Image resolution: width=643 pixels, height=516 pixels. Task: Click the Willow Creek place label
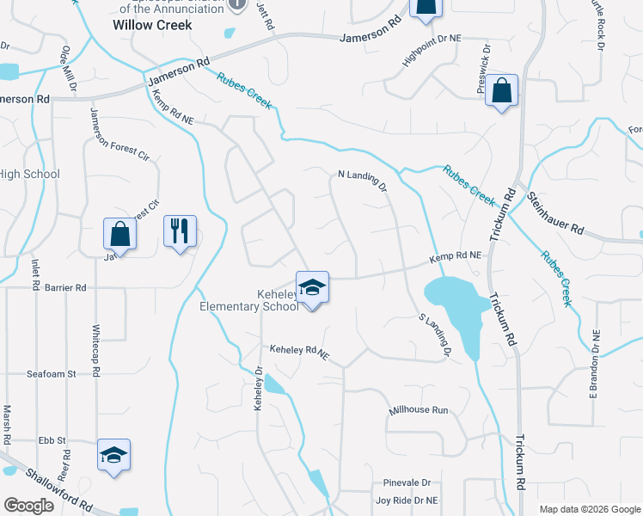point(152,25)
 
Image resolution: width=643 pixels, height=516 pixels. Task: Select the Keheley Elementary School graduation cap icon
point(312,287)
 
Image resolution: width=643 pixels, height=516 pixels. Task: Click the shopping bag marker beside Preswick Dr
point(501,91)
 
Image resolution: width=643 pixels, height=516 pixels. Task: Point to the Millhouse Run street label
point(419,410)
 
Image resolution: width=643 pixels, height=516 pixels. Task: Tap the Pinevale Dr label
point(407,482)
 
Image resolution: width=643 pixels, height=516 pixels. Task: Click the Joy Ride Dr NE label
point(407,500)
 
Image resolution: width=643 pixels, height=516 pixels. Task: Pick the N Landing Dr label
point(363,180)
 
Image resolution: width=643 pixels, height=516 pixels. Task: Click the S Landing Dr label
point(435,335)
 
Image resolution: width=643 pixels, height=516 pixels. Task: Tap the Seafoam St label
point(52,374)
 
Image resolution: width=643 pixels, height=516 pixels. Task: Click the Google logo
point(28,506)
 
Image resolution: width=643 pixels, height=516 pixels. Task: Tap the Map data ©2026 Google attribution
point(590,509)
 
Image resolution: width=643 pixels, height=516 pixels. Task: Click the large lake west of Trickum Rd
point(456,305)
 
